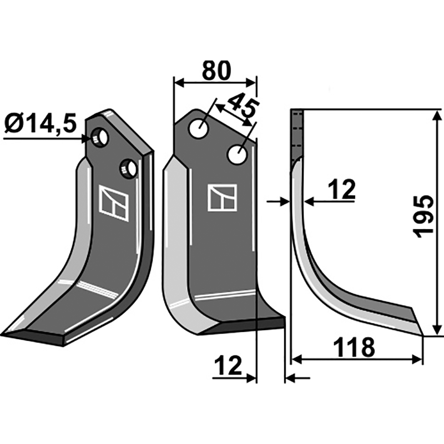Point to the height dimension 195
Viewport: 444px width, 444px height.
click(x=425, y=216)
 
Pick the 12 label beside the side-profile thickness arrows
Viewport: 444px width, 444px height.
click(x=341, y=190)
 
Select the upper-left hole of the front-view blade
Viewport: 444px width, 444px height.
click(x=198, y=129)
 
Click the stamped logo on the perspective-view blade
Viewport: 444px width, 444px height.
click(x=114, y=203)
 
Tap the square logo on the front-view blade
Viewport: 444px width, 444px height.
click(x=222, y=198)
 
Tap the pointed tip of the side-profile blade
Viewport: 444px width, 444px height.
click(x=423, y=335)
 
